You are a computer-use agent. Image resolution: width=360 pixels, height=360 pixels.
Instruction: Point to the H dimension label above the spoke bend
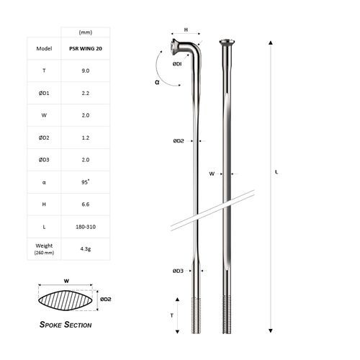click(x=186, y=30)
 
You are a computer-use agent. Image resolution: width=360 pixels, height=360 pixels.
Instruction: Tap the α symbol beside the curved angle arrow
click(x=158, y=82)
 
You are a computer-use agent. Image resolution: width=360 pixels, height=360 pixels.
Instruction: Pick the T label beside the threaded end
click(x=171, y=315)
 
